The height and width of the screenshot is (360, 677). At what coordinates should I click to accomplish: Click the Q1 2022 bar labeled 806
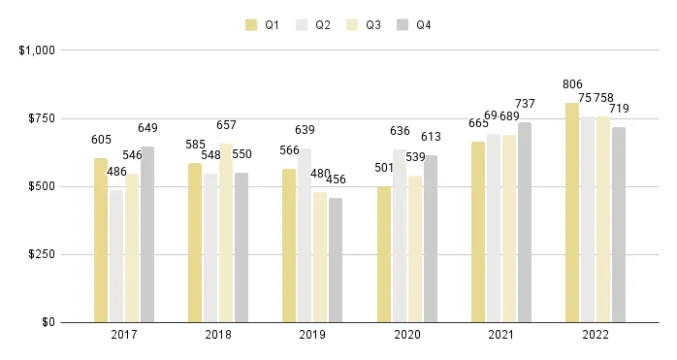point(572,213)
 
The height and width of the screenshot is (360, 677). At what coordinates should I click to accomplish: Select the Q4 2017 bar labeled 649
point(147,234)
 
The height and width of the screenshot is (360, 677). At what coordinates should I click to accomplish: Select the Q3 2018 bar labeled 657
point(226,233)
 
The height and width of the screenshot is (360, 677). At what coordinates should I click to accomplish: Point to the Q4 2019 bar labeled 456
point(336,260)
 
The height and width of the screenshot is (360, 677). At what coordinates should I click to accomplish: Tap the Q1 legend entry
point(262,24)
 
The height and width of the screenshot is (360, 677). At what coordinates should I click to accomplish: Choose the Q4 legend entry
point(414,24)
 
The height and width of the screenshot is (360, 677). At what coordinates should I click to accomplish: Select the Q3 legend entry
point(364,24)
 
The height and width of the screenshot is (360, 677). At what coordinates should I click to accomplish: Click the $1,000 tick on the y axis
point(34,49)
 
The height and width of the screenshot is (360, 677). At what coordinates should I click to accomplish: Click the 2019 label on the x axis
point(312,335)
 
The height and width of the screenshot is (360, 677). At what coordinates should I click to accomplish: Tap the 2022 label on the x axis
point(595,335)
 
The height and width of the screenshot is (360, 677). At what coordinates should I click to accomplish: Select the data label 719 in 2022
point(620,109)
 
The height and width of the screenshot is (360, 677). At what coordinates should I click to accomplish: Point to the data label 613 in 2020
point(431,137)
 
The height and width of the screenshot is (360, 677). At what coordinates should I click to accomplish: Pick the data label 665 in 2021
point(478,123)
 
